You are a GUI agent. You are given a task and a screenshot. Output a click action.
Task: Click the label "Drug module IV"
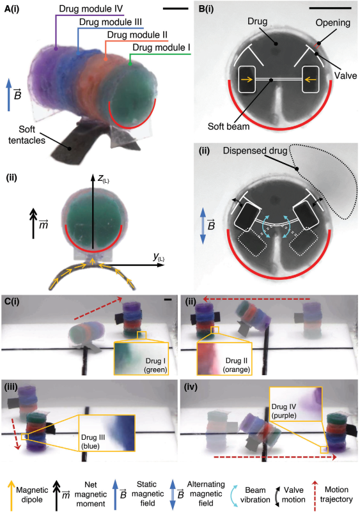(91, 9)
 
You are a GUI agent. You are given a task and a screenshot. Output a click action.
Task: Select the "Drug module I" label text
(161, 48)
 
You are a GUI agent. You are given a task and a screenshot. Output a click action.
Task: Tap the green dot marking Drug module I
(130, 64)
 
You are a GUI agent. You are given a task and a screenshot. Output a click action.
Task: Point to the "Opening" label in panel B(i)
(333, 23)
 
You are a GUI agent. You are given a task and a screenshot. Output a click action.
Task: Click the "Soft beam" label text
(229, 127)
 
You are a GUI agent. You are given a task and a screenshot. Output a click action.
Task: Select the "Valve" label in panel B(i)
(346, 76)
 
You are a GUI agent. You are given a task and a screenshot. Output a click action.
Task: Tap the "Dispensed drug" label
(255, 150)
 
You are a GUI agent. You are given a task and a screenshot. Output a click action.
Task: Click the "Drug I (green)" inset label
(156, 365)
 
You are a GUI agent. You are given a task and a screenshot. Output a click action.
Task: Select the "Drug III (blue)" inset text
(91, 442)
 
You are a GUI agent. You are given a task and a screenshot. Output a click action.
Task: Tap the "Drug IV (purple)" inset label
(284, 411)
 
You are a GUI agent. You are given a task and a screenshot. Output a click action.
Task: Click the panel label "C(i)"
(12, 301)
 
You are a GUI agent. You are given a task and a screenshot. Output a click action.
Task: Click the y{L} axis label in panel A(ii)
(159, 258)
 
